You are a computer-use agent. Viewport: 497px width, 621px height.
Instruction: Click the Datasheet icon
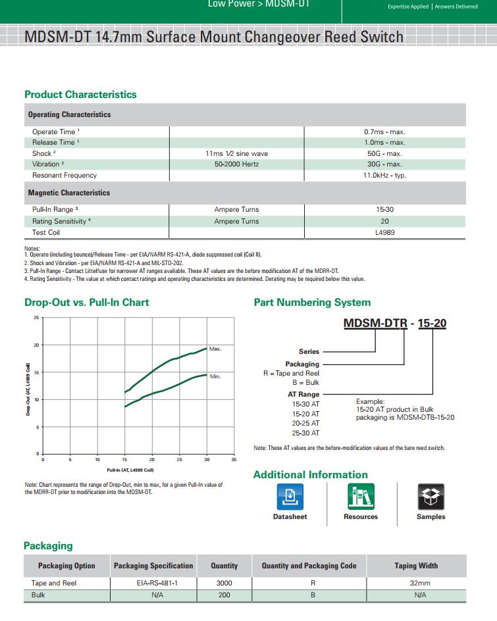click(x=290, y=497)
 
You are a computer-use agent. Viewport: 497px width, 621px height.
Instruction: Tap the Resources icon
click(x=361, y=497)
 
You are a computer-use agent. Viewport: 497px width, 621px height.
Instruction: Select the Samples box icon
click(x=431, y=497)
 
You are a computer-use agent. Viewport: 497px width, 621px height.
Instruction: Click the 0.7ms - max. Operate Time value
click(x=384, y=132)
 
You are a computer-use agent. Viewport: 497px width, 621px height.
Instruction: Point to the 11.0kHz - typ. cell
click(x=384, y=175)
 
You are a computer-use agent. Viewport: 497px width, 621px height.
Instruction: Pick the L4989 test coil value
click(x=384, y=232)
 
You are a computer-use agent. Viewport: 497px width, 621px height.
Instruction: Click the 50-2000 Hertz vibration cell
click(x=236, y=164)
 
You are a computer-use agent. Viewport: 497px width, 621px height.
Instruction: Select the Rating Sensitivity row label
click(x=61, y=221)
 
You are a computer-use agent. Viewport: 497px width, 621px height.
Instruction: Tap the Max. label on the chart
click(x=215, y=349)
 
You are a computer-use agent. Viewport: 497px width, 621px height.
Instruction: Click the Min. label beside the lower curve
click(x=215, y=376)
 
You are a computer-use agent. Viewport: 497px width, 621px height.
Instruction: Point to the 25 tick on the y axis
click(x=36, y=318)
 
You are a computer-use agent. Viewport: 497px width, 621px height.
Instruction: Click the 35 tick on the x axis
click(x=234, y=459)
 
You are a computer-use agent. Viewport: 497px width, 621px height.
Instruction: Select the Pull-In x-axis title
click(x=130, y=470)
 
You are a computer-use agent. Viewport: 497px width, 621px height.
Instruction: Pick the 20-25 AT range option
click(x=305, y=423)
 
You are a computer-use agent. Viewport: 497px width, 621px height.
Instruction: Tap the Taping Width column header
click(x=416, y=566)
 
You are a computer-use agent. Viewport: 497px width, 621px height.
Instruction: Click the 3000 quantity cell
click(x=224, y=583)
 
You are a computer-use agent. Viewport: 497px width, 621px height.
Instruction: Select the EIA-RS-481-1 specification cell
click(x=153, y=583)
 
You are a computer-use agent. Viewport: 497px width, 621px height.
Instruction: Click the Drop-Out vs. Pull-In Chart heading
click(x=86, y=303)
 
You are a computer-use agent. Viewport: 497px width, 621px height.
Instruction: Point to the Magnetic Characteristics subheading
click(x=68, y=193)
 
